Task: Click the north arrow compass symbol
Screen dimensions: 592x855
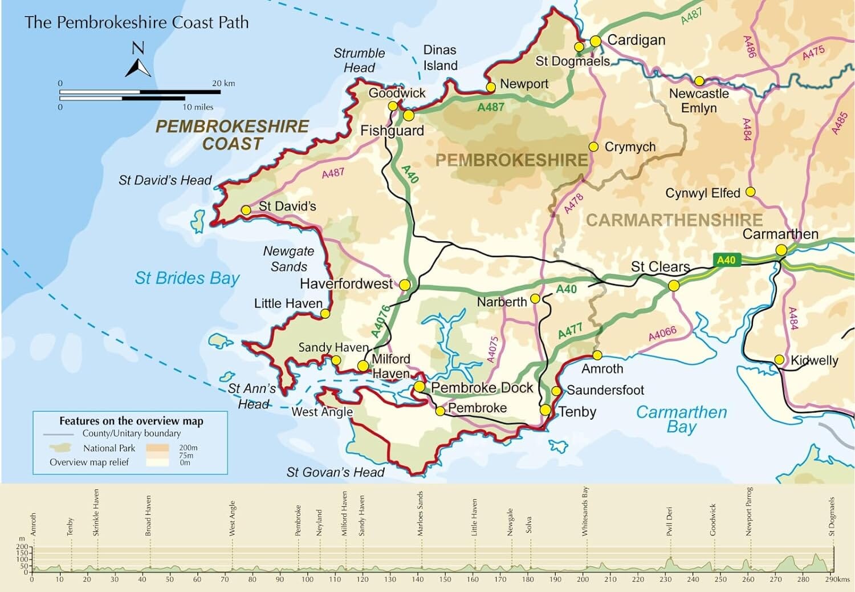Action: click(x=138, y=60)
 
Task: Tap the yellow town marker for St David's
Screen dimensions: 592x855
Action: click(x=246, y=210)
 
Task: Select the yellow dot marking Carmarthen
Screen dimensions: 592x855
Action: click(x=781, y=250)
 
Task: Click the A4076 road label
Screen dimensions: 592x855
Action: click(x=380, y=321)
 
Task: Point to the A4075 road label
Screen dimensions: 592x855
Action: click(x=492, y=350)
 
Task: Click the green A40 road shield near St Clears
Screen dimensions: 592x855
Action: click(x=726, y=260)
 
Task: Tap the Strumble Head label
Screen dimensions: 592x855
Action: click(x=359, y=60)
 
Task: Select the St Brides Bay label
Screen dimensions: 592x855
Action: click(x=187, y=278)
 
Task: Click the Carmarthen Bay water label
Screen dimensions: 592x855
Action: click(x=681, y=419)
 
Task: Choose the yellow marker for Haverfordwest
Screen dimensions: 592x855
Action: click(x=405, y=285)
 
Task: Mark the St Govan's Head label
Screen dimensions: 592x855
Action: click(x=335, y=472)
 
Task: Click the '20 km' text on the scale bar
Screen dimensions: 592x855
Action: click(x=223, y=83)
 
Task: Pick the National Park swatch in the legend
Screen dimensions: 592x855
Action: click(x=62, y=448)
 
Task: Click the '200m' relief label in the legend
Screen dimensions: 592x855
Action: click(x=188, y=448)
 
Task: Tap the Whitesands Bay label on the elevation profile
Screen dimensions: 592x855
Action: click(x=585, y=512)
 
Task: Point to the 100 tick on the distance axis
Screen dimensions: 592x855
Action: click(x=307, y=579)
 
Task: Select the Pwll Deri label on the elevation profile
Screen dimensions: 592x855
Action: click(x=670, y=521)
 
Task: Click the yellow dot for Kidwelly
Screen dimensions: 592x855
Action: click(x=779, y=360)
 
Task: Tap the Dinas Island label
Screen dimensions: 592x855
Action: click(x=439, y=58)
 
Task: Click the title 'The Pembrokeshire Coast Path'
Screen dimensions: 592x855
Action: click(x=137, y=22)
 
